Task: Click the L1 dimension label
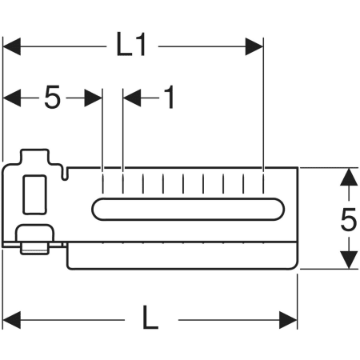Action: tap(131, 44)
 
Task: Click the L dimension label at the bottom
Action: tap(150, 317)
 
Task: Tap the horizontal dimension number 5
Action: tap(53, 97)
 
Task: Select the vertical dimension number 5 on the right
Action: tap(349, 219)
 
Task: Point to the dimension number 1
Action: tap(169, 97)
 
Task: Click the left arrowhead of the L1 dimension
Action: tap(12, 46)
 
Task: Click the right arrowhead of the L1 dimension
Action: tap(254, 46)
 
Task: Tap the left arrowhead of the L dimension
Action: tap(12, 320)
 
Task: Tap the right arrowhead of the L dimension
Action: tap(288, 320)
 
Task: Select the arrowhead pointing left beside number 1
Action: tap(132, 98)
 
